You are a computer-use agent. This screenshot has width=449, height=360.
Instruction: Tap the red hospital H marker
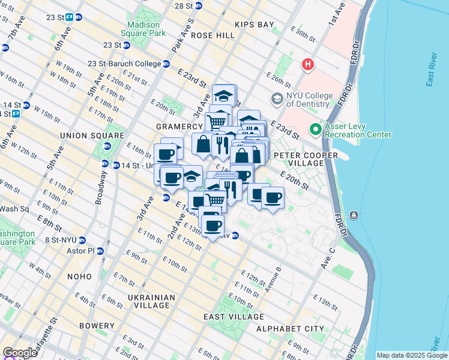point(308,64)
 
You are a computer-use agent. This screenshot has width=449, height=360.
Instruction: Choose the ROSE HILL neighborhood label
point(213,35)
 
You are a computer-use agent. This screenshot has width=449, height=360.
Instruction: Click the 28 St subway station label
point(183,5)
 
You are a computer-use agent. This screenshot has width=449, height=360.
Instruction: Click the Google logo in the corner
point(20,353)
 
